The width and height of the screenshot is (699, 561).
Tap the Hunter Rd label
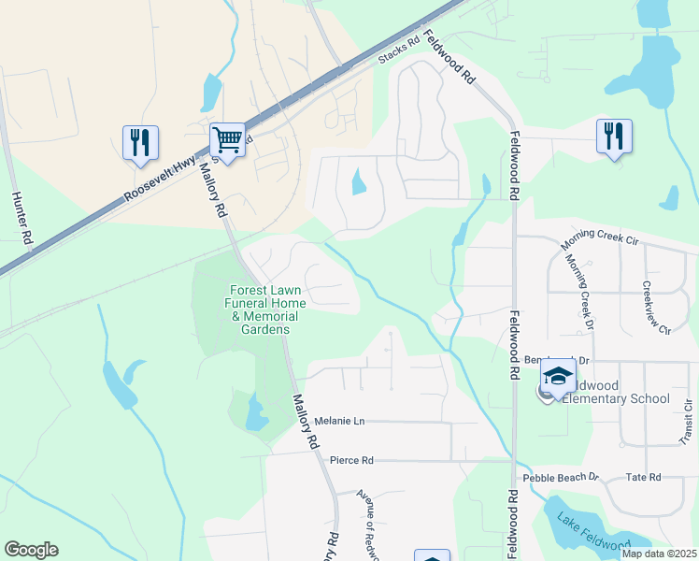coord(23,219)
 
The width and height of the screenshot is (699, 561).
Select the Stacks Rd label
coord(395,58)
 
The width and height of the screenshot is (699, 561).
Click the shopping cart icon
coord(227,140)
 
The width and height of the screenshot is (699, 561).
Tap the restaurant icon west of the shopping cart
coord(140,142)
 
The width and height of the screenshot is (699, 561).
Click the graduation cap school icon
coord(557,377)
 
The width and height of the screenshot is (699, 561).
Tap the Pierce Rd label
coord(351,460)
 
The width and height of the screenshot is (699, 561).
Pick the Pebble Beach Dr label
coord(560,477)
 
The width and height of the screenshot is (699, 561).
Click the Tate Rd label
coord(643,477)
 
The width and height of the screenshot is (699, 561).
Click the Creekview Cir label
coord(655,308)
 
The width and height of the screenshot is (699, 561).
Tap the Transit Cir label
coord(687,422)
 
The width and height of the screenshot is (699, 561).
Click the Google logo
coord(31,549)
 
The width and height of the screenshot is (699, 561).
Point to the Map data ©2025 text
coord(659,554)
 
